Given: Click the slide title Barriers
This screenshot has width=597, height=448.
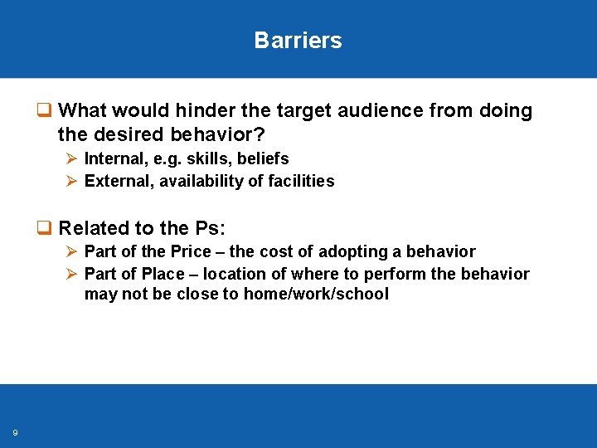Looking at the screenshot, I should coord(298,41).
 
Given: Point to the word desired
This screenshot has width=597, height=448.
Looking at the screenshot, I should coord(127,133).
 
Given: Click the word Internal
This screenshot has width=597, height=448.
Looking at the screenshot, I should coord(113,158).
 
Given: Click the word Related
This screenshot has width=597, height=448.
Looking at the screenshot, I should coord(92,228).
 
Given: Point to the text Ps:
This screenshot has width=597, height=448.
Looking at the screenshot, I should coord(210,228).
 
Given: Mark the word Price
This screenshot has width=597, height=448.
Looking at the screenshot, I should coord(190,251).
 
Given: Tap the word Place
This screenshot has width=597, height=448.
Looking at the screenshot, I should coord(163,274).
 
